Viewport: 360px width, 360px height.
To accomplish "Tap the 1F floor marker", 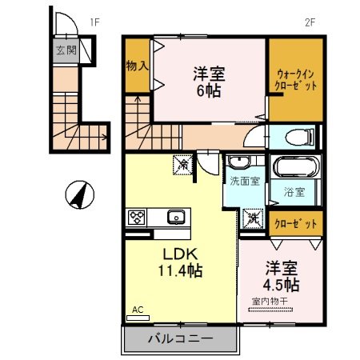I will (x=94, y=22).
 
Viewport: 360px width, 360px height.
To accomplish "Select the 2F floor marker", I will (x=310, y=22).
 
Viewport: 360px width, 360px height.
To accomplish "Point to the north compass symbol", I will (x=78, y=194).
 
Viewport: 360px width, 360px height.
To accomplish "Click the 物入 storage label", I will (x=137, y=65).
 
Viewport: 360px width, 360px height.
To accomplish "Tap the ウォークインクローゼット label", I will (x=295, y=78).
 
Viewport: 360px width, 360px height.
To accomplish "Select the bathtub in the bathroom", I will (x=295, y=170).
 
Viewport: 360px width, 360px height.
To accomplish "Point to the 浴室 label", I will (x=294, y=192).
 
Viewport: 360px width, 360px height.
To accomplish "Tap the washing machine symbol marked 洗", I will (x=254, y=218).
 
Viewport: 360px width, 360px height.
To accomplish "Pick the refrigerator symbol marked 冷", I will (x=184, y=165).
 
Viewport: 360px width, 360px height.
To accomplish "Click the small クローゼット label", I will (x=295, y=223).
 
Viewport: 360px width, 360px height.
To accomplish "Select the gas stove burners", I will (x=137, y=217).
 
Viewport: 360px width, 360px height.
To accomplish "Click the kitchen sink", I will (x=174, y=217).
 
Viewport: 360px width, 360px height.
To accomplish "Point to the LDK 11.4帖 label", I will (x=178, y=261).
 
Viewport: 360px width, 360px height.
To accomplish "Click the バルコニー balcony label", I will (x=180, y=339).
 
